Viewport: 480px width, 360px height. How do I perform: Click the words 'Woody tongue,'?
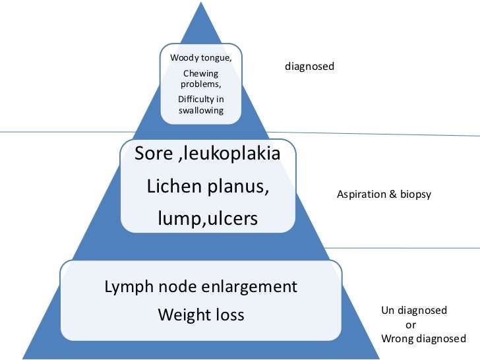(200, 58)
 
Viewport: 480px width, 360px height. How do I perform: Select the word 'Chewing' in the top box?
(200, 74)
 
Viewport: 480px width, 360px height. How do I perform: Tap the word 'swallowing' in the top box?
(200, 110)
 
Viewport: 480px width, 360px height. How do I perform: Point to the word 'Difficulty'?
(196, 99)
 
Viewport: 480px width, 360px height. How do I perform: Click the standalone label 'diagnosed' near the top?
(309, 67)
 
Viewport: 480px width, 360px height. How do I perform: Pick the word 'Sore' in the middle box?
(153, 154)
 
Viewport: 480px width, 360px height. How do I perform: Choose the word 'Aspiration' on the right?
(360, 195)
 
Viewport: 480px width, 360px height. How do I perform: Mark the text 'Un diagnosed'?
(413, 311)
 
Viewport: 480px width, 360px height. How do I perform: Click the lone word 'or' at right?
(410, 325)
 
